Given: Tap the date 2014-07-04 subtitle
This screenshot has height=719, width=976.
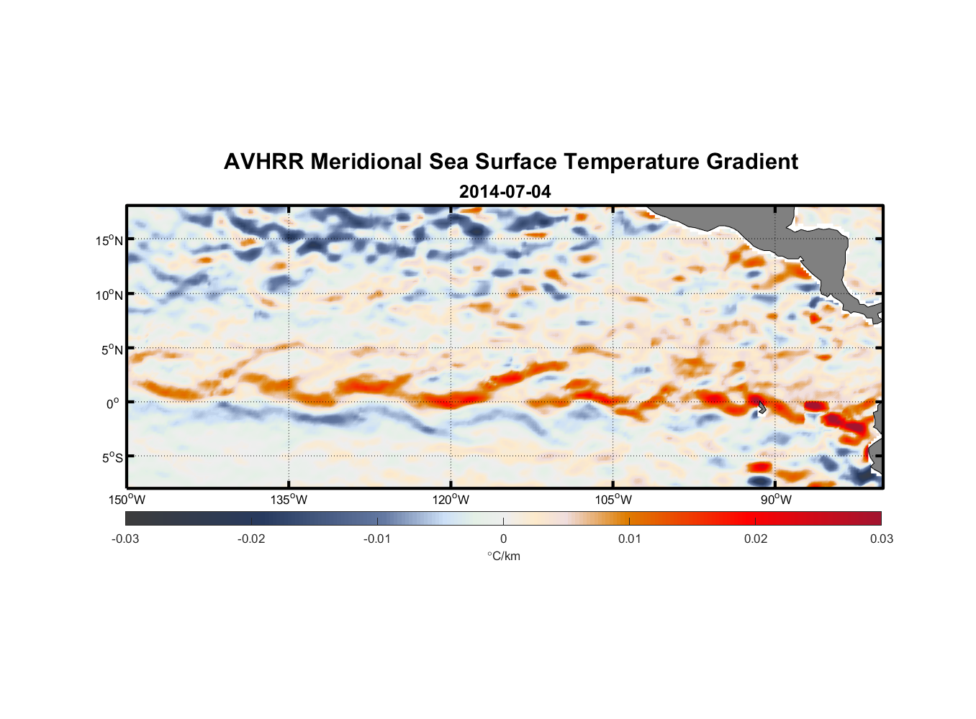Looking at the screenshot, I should click(505, 192).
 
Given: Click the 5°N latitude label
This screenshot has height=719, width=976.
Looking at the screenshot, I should click(112, 349).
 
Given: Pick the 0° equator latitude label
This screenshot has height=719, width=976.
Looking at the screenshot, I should click(113, 403).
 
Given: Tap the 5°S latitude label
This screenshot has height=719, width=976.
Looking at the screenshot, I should click(112, 457).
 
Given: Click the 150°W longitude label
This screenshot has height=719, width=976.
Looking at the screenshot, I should click(127, 500).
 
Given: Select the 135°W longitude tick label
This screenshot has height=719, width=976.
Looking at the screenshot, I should click(289, 500).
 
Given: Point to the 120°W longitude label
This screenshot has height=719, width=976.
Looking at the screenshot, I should click(451, 500).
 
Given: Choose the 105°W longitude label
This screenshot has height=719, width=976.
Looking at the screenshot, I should click(613, 500).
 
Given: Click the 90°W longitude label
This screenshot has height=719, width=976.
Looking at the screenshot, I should click(775, 500).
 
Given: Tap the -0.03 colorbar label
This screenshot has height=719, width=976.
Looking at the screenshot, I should click(125, 539).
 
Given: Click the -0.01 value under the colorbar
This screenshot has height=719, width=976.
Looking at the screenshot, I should click(377, 539).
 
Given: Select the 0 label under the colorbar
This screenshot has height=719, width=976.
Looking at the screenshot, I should click(503, 539).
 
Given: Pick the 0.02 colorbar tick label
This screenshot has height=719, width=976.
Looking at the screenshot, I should click(756, 539).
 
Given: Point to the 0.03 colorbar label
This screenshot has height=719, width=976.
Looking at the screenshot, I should click(881, 539).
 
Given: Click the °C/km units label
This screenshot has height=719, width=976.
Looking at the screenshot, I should click(503, 556).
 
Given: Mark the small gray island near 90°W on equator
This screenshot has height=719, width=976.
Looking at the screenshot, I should click(762, 408).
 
